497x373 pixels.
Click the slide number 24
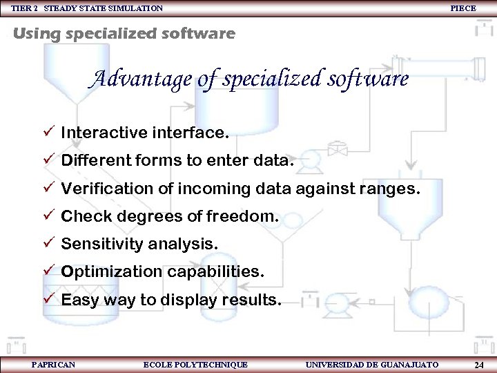pos(479,365)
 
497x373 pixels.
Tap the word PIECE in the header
pos(462,8)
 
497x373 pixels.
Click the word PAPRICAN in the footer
pos(53,364)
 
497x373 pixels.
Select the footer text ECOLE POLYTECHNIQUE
pos(195,364)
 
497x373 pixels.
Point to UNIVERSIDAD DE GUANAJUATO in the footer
pos(371,364)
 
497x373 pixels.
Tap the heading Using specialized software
pos(124,33)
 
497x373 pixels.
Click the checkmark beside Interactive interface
pos(48,132)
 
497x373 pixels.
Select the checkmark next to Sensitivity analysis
pos(48,243)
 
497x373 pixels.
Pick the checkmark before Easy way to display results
pos(48,299)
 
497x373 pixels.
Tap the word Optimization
pos(110,272)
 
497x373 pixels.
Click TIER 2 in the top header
pos(24,8)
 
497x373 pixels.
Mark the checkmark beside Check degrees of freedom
pos(48,216)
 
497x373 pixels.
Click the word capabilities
pos(215,272)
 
